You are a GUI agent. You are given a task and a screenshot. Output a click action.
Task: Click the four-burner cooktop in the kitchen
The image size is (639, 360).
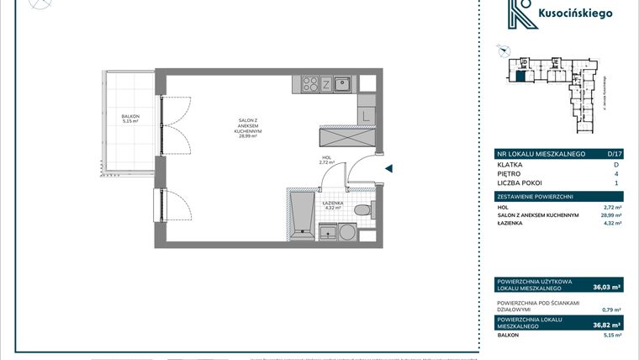click(x=309, y=83)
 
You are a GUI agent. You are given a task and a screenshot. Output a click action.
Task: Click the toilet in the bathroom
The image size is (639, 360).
click(x=362, y=211)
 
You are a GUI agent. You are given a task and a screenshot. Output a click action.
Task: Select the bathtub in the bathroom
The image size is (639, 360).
click(x=302, y=216)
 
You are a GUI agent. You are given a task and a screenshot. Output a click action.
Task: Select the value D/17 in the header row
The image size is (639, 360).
click(x=614, y=154)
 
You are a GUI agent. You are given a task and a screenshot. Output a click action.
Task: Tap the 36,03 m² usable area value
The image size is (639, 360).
click(x=605, y=287)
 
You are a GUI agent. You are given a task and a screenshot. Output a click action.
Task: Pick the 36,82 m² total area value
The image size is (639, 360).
click(x=605, y=324)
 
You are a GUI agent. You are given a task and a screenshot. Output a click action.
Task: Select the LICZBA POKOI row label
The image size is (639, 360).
click(x=520, y=183)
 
